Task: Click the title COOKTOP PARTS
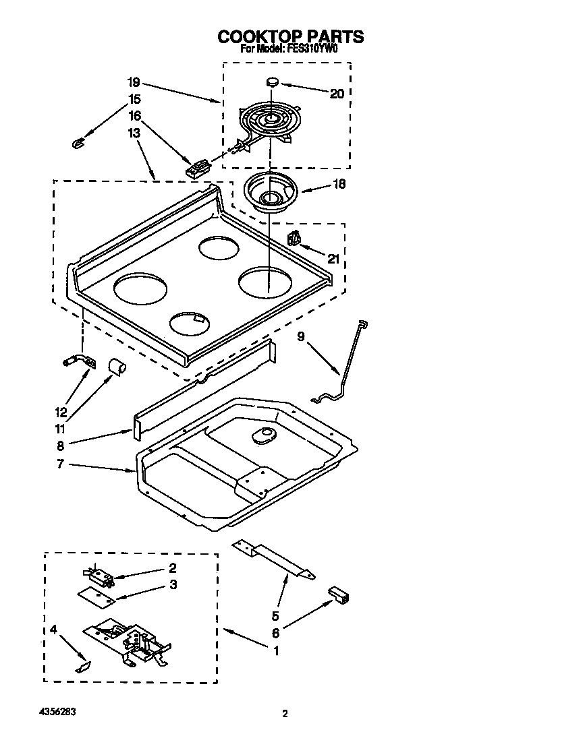pos(290,36)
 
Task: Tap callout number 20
pos(337,94)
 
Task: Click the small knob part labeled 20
pos(273,82)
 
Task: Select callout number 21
pos(333,259)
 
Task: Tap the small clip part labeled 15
pos(77,142)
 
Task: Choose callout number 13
pos(134,133)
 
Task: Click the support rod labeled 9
pos(344,367)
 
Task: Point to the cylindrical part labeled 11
pos(118,367)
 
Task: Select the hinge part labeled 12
pos(78,362)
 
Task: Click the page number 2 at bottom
pos(285,714)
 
